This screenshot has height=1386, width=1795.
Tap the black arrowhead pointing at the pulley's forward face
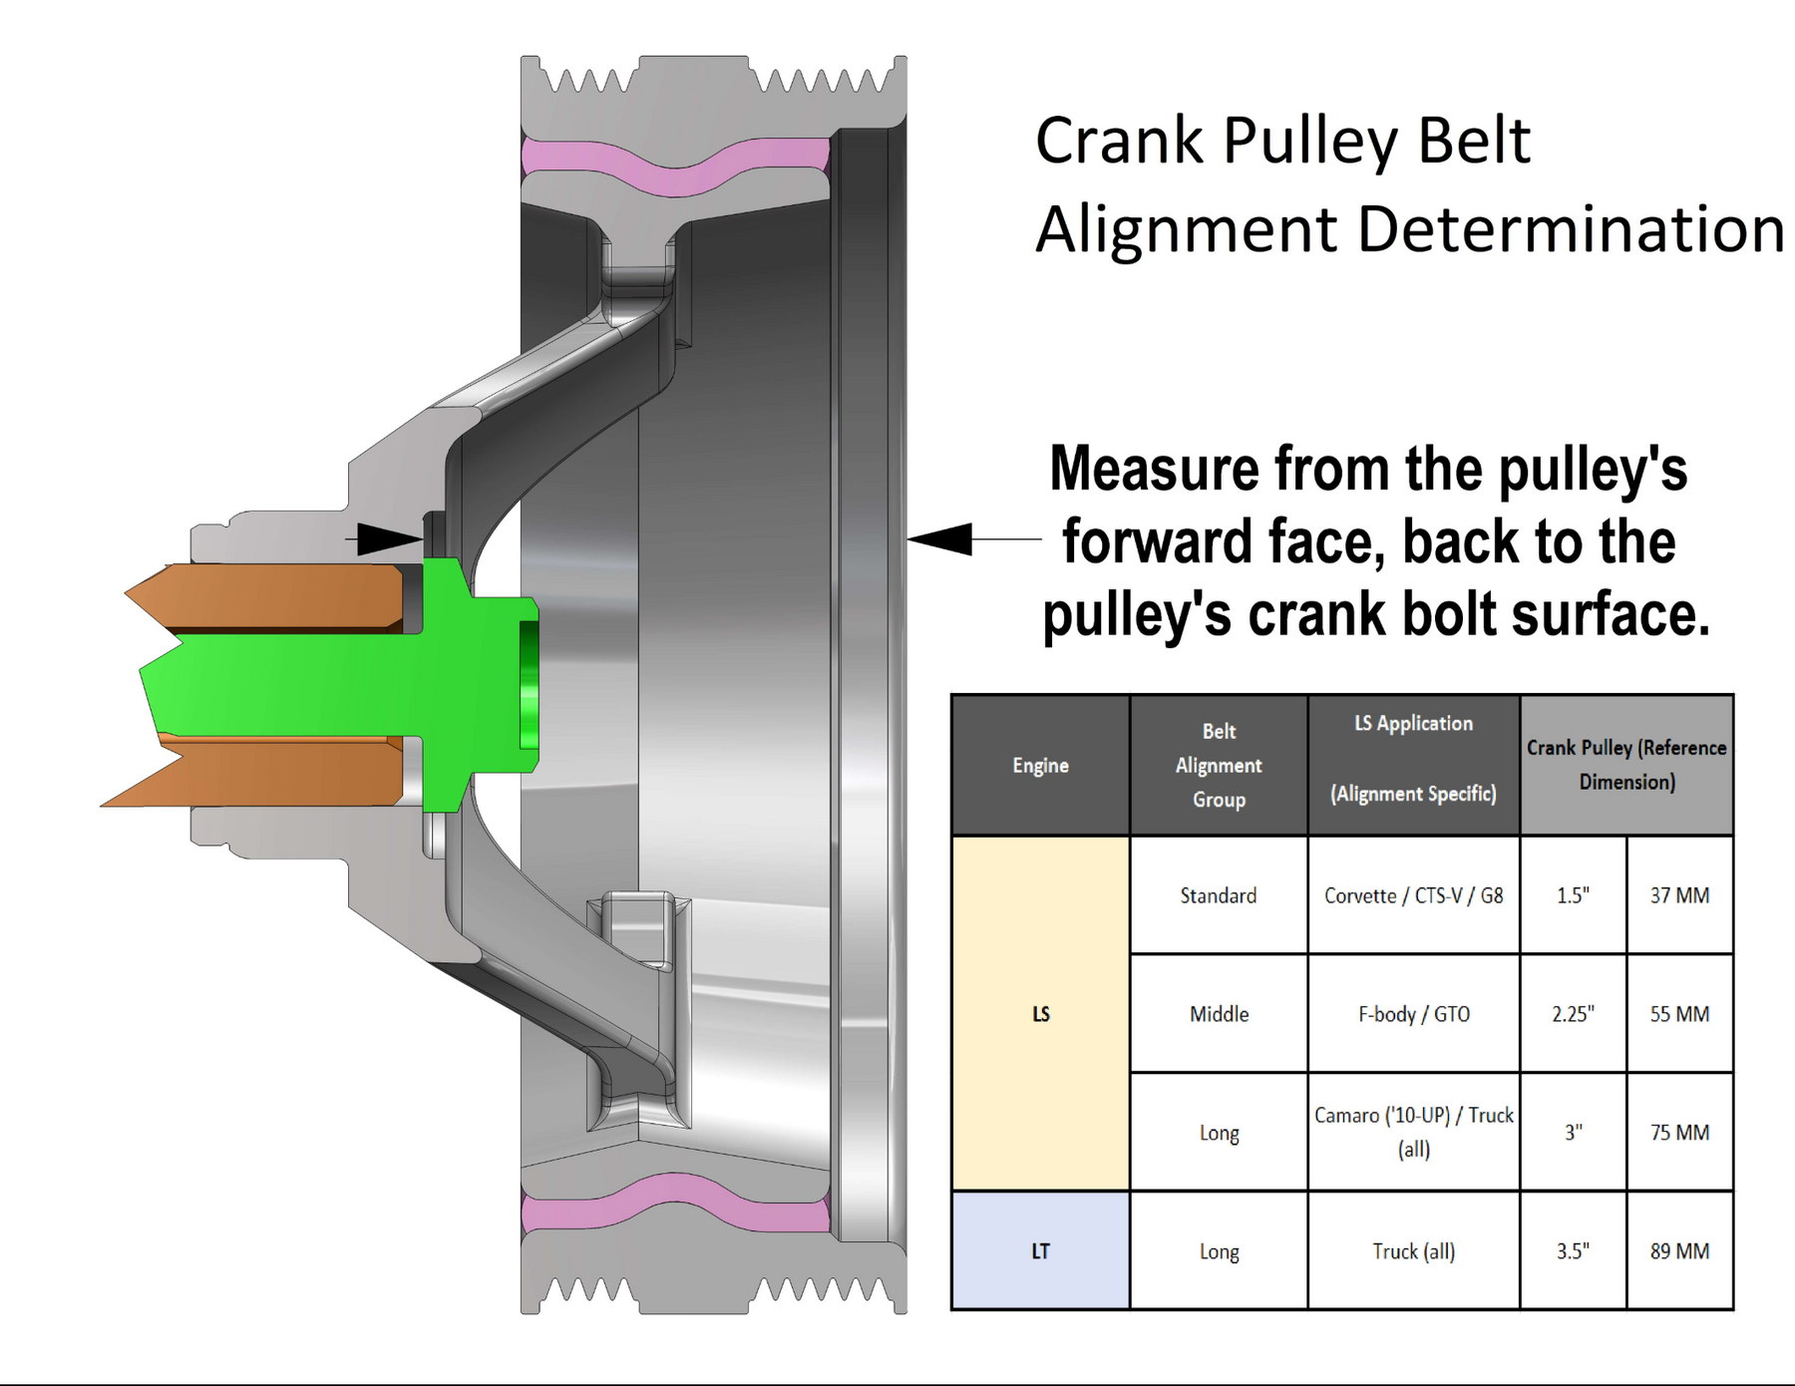pyautogui.click(x=939, y=538)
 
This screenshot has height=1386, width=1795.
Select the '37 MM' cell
pyautogui.click(x=1679, y=895)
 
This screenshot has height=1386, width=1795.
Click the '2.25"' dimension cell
pyautogui.click(x=1573, y=1014)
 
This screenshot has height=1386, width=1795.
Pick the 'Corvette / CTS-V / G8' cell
pyautogui.click(x=1413, y=895)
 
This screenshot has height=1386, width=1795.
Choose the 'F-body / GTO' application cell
pyautogui.click(x=1413, y=1014)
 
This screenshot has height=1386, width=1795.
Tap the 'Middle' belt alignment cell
pyautogui.click(x=1219, y=1014)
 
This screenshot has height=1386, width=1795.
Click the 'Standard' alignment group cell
pyautogui.click(x=1219, y=895)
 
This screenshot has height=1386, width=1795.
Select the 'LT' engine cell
pyautogui.click(x=1040, y=1250)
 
